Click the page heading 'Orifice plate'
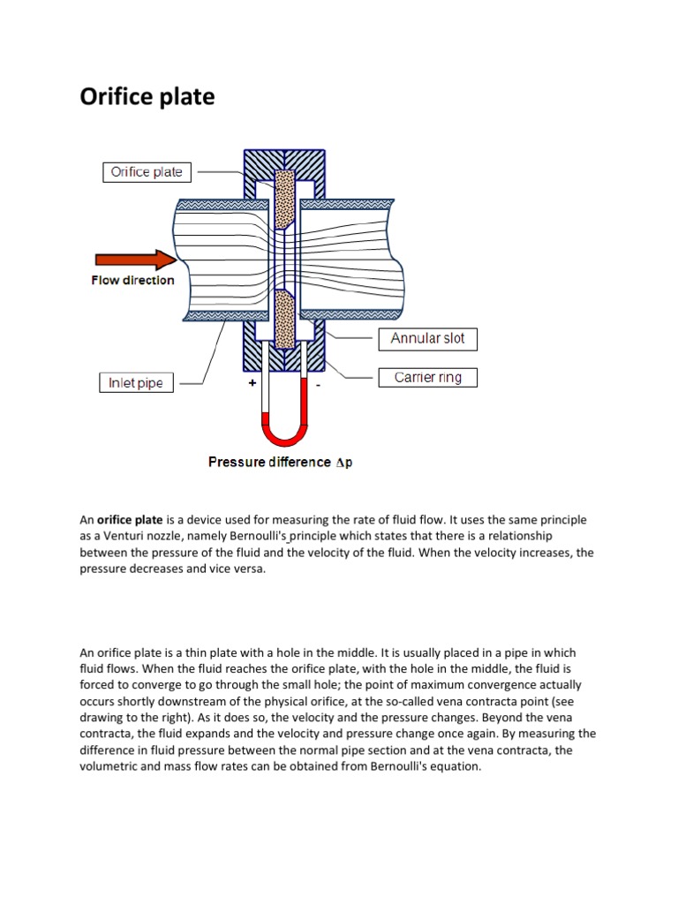tap(147, 96)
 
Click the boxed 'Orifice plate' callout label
tap(147, 172)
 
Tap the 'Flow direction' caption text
tap(132, 281)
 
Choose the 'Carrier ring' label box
tap(427, 378)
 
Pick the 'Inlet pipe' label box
tap(135, 383)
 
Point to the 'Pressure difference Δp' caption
tap(280, 462)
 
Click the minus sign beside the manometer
tap(318, 386)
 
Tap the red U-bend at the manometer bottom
tap(284, 434)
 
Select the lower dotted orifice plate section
tap(284, 320)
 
